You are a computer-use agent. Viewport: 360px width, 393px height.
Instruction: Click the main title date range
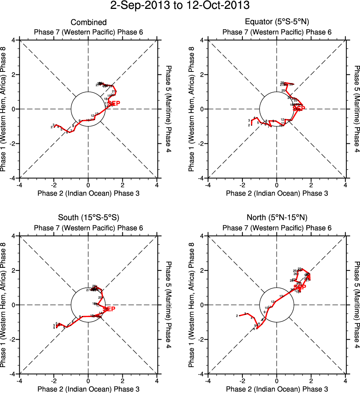click(x=180, y=6)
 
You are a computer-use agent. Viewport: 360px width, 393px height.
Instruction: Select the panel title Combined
click(x=89, y=23)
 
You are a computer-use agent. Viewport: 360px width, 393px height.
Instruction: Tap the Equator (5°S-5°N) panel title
click(x=277, y=23)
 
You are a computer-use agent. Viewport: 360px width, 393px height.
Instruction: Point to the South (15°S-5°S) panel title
click(x=89, y=217)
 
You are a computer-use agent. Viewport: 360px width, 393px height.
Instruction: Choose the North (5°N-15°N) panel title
click(x=277, y=217)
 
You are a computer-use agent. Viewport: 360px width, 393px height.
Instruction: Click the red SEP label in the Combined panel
click(x=114, y=103)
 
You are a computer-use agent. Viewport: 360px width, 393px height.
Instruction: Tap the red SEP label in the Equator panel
click(x=299, y=109)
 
